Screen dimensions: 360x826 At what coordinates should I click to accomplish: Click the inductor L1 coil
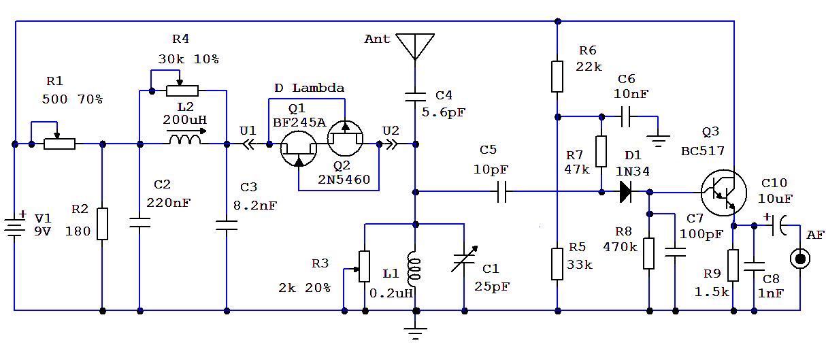(x=414, y=269)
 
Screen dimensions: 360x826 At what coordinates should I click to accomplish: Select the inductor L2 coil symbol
(x=184, y=140)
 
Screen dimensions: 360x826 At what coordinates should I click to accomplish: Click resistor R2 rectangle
(x=102, y=224)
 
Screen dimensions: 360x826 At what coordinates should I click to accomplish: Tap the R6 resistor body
(x=557, y=76)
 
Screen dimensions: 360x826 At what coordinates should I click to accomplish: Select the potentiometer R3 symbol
(x=364, y=266)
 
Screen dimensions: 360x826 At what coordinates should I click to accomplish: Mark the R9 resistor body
(x=733, y=265)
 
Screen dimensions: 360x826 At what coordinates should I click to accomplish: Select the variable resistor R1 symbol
(x=59, y=144)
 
